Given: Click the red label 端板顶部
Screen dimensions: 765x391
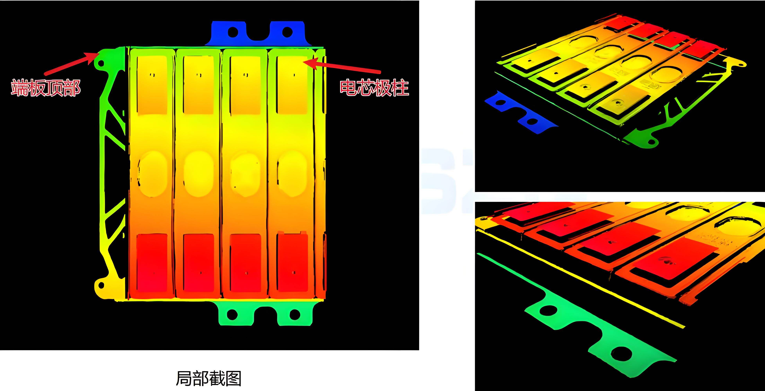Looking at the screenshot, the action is pos(46,88).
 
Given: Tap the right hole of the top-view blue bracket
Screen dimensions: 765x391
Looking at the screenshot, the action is pos(287,31).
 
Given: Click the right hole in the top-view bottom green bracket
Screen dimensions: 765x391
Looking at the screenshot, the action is pos(294,314).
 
